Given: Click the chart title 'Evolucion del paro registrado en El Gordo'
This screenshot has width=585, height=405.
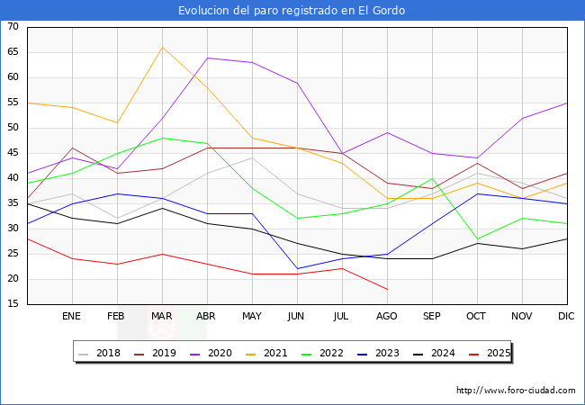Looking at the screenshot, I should [x=292, y=11].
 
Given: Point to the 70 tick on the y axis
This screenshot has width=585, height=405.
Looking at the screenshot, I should [x=13, y=27].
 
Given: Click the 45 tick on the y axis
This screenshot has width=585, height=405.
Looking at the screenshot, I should [x=13, y=153].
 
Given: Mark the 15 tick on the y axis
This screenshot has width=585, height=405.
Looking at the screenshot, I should [x=13, y=304].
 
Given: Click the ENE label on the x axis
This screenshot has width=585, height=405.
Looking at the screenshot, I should [x=72, y=317].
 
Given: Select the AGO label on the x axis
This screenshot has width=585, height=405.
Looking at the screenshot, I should [x=387, y=317].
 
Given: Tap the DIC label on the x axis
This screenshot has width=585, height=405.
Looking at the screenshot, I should [x=566, y=317].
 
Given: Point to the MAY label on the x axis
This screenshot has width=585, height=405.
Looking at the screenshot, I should [x=252, y=317].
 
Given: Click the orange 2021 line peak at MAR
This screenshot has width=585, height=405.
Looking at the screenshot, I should [x=162, y=47].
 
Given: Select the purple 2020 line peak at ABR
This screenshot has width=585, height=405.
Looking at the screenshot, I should [x=208, y=58].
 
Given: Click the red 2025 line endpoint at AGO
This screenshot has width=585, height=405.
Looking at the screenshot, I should [x=387, y=289].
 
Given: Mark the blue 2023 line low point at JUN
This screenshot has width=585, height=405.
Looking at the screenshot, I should [x=297, y=268].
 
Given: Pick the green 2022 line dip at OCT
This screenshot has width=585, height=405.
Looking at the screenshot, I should [x=477, y=238].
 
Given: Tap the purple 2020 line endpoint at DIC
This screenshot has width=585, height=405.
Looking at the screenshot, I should [x=566, y=103].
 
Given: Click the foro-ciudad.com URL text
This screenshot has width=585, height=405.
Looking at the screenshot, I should [x=516, y=391].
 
